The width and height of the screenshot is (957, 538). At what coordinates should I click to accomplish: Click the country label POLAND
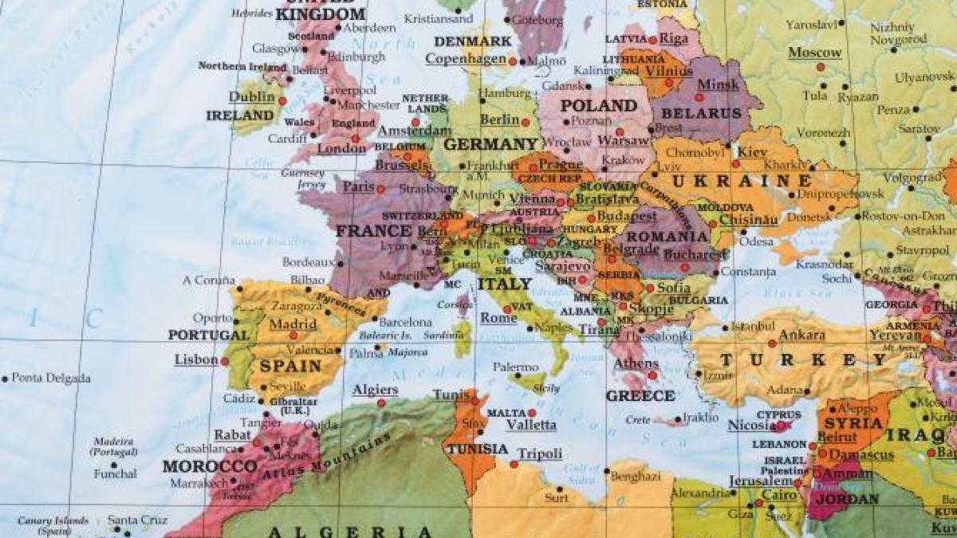598,105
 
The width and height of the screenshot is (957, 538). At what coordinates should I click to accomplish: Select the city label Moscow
814,53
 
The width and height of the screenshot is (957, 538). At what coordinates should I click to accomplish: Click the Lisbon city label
195,359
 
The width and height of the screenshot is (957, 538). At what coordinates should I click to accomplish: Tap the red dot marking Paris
380,190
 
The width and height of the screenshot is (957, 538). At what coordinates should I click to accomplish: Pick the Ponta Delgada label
50,378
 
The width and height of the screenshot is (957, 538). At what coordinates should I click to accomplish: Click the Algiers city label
375,389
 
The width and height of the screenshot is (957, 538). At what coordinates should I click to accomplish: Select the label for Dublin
251,96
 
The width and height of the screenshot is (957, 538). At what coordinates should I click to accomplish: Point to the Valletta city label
531,425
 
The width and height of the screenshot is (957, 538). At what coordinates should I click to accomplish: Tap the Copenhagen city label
466,58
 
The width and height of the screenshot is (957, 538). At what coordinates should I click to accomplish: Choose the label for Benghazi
635,476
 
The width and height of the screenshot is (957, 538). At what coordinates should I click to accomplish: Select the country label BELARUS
702,113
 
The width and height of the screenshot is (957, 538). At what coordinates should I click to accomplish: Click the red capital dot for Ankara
772,344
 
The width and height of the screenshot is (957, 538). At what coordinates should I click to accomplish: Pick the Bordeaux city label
308,261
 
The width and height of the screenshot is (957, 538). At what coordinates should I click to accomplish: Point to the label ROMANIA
668,237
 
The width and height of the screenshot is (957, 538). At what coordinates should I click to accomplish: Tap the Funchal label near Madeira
115,473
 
